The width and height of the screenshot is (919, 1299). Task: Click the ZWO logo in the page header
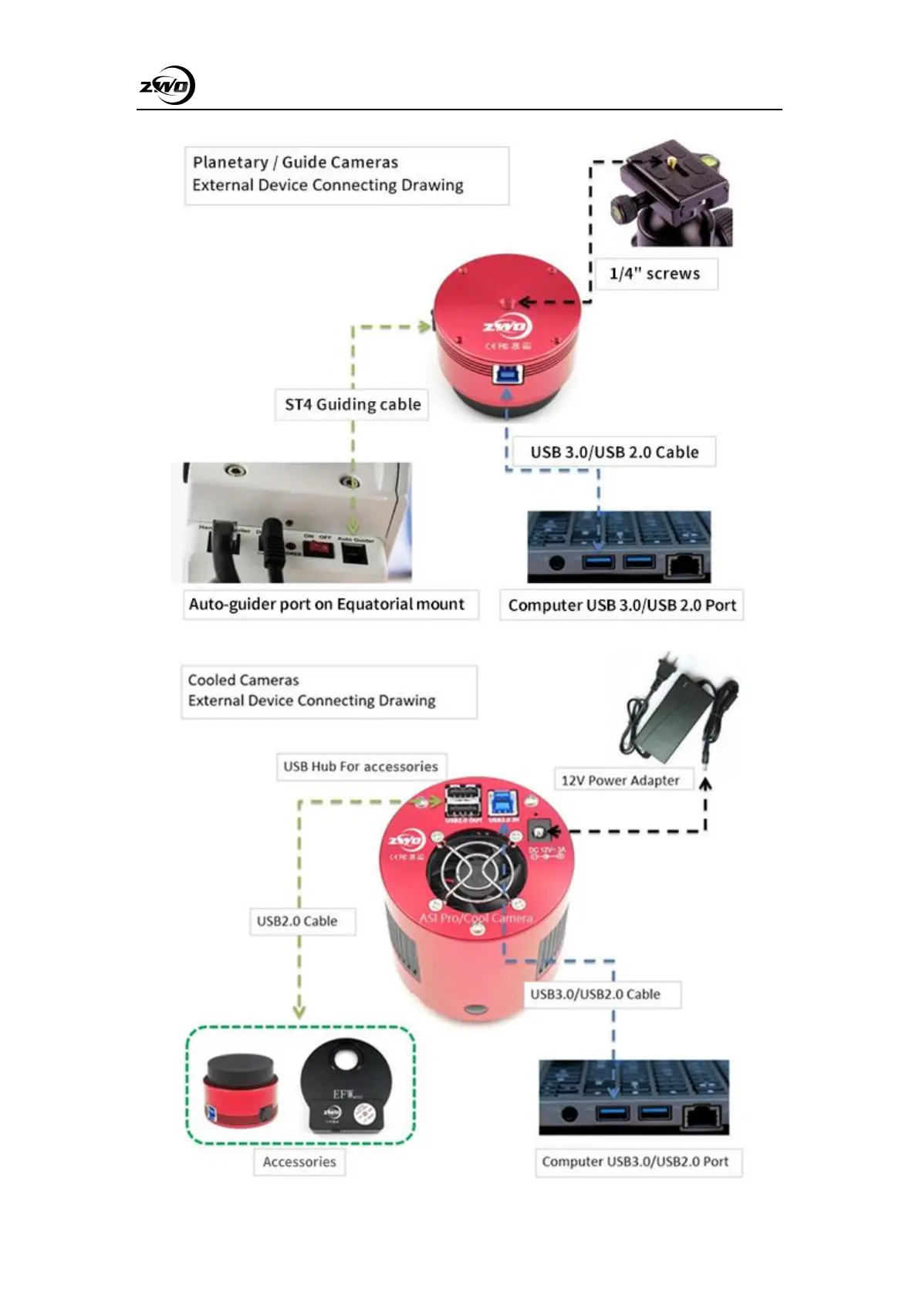click(167, 86)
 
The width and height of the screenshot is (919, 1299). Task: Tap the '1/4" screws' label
click(654, 274)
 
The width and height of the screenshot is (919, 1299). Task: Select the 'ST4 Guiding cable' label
click(353, 404)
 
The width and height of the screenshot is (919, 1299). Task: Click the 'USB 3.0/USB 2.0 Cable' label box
click(614, 452)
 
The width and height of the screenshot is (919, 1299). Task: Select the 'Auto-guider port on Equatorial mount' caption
click(326, 604)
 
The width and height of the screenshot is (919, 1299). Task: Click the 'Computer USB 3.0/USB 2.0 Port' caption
click(622, 606)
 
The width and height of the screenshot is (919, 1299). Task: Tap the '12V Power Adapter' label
click(620, 780)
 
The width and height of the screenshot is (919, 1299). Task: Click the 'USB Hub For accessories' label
click(360, 767)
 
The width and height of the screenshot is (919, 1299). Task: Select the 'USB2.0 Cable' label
click(297, 921)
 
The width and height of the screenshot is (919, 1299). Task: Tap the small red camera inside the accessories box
click(239, 1091)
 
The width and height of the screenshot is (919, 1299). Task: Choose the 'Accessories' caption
click(299, 1162)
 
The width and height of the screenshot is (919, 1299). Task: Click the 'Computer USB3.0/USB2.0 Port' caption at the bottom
click(635, 1162)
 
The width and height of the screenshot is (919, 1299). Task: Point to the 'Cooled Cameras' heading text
click(244, 680)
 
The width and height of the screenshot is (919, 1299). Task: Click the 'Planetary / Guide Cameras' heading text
click(296, 163)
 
